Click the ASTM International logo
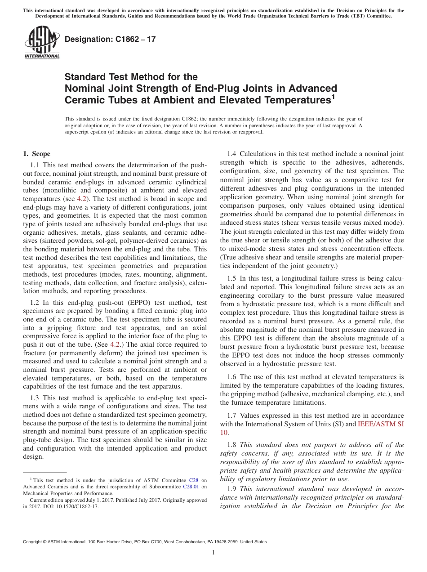42,43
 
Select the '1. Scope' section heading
37,154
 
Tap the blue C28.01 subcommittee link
190,487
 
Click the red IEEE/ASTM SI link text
381,424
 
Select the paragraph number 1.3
35,398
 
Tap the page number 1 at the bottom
213,553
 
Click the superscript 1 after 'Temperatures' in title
333,96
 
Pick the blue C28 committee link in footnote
194,480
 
